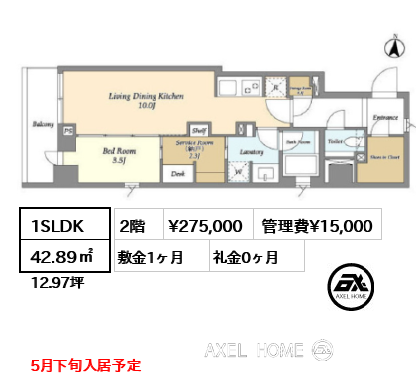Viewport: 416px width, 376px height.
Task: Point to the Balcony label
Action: (x=42, y=125)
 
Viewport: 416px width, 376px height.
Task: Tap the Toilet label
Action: (x=337, y=141)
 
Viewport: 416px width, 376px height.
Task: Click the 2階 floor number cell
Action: (x=133, y=226)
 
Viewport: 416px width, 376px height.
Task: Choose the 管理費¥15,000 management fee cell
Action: (x=317, y=226)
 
